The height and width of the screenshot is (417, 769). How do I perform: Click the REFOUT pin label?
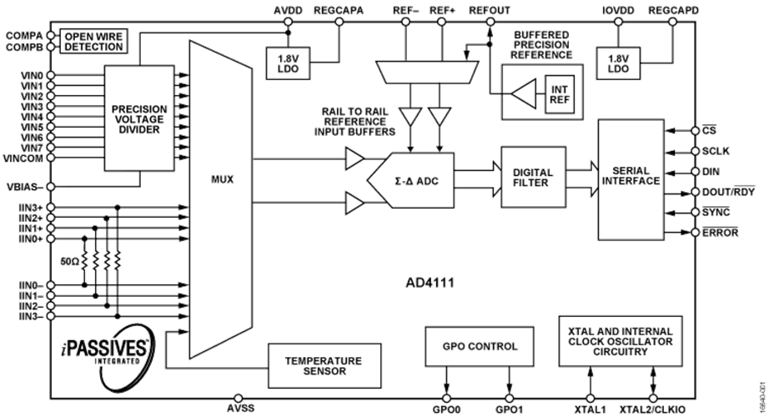coord(490,10)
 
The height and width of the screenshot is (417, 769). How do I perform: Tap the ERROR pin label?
coord(720,232)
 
